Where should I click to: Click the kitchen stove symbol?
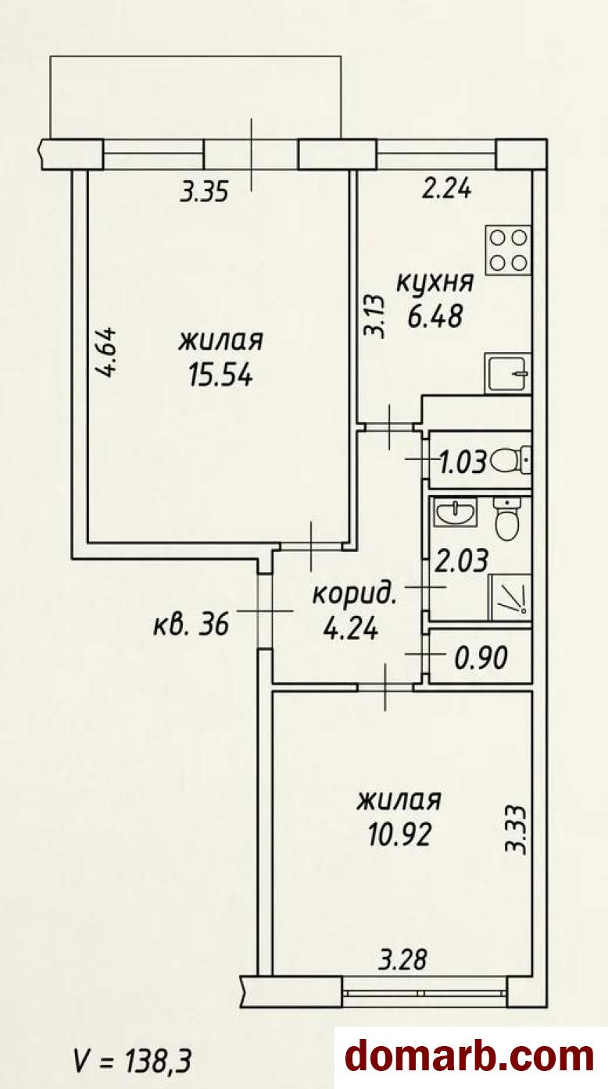(508, 250)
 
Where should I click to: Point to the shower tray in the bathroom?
(509, 597)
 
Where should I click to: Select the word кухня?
(435, 283)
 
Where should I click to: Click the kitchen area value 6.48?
(435, 317)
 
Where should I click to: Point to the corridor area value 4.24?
(350, 629)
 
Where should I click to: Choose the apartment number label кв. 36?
(191, 625)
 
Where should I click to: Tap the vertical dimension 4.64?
(106, 351)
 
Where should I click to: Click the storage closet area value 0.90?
(481, 658)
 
